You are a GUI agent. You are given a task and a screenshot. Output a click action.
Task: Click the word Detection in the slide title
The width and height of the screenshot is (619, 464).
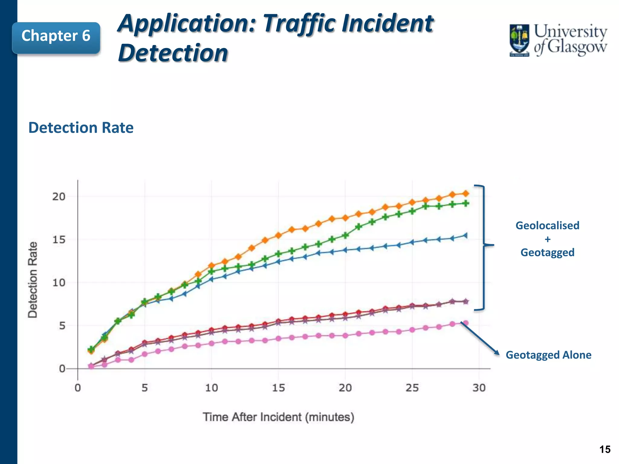pyautogui.click(x=173, y=53)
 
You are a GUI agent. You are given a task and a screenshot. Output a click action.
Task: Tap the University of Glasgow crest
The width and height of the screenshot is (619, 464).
pyautogui.click(x=519, y=40)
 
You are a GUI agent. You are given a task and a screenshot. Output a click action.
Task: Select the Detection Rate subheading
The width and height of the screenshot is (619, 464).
pyautogui.click(x=81, y=127)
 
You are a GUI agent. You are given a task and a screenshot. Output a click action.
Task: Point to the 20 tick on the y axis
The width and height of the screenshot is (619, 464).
pyautogui.click(x=59, y=197)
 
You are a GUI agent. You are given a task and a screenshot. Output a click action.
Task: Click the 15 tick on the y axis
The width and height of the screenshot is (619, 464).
pyautogui.click(x=59, y=240)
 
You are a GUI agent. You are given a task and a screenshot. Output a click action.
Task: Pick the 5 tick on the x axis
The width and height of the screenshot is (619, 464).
pyautogui.click(x=144, y=388)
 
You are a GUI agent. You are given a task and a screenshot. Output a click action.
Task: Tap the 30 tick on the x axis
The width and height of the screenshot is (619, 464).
pyautogui.click(x=479, y=388)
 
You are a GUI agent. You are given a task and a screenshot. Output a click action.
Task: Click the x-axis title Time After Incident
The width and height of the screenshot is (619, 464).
pyautogui.click(x=278, y=417)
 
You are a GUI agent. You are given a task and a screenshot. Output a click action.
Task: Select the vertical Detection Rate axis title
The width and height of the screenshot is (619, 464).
pyautogui.click(x=33, y=280)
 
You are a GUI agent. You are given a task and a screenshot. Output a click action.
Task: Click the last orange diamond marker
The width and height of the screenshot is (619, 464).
pyautogui.click(x=466, y=193)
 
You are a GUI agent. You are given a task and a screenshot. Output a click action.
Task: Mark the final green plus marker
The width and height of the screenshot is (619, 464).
pyautogui.click(x=466, y=203)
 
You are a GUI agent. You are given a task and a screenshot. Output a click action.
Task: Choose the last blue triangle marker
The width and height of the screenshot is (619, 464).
pyautogui.click(x=465, y=235)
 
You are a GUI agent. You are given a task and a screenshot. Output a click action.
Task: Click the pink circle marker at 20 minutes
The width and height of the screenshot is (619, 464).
pyautogui.click(x=345, y=335)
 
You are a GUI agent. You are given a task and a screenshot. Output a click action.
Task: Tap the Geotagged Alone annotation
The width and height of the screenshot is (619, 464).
pyautogui.click(x=548, y=355)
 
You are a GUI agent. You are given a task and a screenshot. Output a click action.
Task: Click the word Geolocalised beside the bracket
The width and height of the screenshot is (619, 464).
pyautogui.click(x=547, y=226)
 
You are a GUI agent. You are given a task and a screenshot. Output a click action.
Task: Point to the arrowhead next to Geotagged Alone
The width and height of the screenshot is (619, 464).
pyautogui.click(x=496, y=353)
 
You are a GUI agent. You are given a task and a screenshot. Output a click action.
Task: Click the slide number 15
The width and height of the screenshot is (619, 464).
pyautogui.click(x=605, y=449)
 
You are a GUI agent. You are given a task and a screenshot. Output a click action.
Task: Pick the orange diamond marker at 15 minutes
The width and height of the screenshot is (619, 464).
pyautogui.click(x=278, y=235)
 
